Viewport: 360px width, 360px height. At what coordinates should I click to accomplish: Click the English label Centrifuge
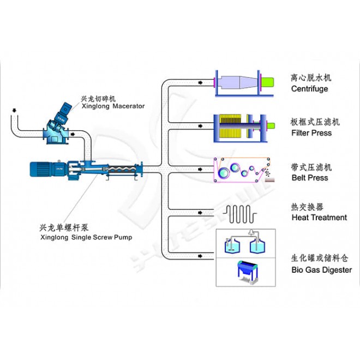pyautogui.click(x=309, y=88)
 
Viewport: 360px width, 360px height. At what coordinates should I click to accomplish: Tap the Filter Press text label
pyautogui.click(x=311, y=133)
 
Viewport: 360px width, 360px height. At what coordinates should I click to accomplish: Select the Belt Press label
pyautogui.click(x=309, y=177)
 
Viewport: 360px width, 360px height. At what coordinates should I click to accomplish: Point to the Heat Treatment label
pyautogui.click(x=319, y=217)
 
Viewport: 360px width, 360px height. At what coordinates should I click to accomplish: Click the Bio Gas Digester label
pyautogui.click(x=321, y=269)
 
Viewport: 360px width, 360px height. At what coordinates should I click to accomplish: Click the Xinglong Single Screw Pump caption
pyautogui.click(x=86, y=237)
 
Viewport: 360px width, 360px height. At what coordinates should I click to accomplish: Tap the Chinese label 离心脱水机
pyautogui.click(x=311, y=77)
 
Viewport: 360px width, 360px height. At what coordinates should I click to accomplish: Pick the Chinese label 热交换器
pyautogui.click(x=307, y=207)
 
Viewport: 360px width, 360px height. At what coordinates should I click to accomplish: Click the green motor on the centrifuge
pyautogui.click(x=268, y=82)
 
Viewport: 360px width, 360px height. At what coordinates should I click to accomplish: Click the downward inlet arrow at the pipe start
pyautogui.click(x=13, y=111)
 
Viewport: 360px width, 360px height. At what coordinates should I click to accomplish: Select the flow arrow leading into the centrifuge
pyautogui.click(x=201, y=82)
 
